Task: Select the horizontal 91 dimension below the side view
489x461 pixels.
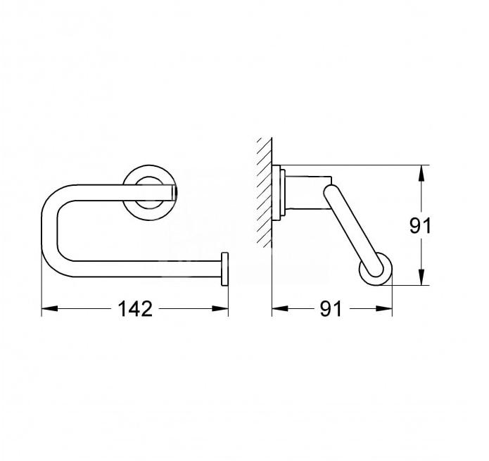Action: click(331, 308)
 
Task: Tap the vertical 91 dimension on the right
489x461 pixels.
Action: click(420, 225)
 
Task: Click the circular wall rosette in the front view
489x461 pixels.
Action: click(148, 189)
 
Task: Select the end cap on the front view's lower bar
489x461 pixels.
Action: click(225, 268)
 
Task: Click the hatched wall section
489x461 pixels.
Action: click(263, 190)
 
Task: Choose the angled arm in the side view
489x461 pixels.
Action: click(348, 225)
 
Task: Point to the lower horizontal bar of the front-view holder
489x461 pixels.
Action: click(141, 268)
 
